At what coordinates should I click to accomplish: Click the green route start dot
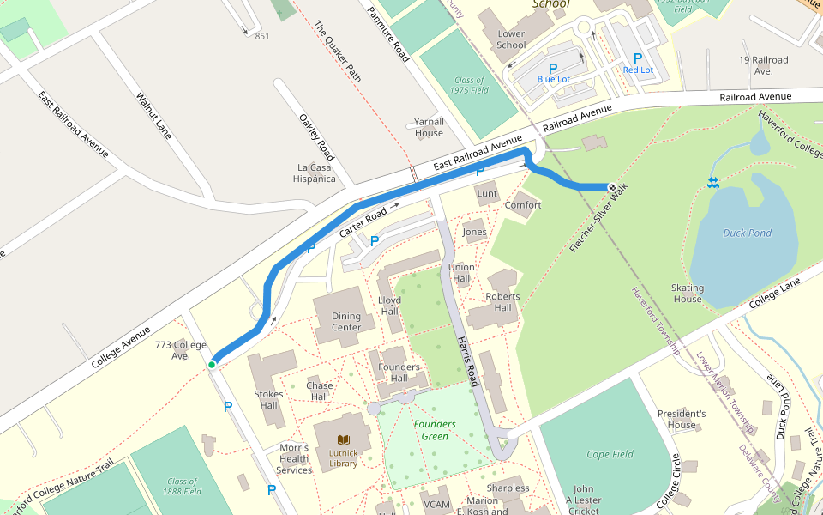point(211,365)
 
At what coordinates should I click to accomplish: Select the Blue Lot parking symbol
point(553,67)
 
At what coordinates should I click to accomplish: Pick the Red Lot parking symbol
point(638,58)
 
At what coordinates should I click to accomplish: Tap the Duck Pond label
point(747,233)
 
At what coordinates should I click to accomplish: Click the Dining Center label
point(346,322)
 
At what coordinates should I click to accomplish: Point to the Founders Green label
point(435,430)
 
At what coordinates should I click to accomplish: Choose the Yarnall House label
point(429,127)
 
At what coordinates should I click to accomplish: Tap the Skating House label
point(688,294)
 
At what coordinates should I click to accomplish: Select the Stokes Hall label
point(268,399)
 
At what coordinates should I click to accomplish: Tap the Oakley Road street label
point(316,137)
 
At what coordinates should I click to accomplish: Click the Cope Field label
point(610,454)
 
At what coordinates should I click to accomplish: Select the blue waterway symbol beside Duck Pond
point(712,181)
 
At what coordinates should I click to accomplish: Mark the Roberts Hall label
point(502,302)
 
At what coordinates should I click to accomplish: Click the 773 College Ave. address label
point(181,350)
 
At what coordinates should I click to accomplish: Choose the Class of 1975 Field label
point(472,85)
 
